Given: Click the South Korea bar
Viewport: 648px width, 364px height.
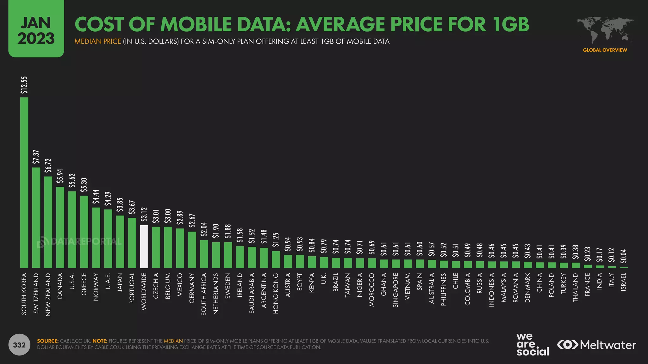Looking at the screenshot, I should (24, 183).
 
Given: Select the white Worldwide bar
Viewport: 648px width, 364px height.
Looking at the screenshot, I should (144, 246).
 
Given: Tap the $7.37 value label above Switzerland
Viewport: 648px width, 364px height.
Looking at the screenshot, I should (36, 157).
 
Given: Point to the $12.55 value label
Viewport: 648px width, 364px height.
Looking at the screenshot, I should (24, 85).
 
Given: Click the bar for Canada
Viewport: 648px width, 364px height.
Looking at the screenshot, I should (60, 227).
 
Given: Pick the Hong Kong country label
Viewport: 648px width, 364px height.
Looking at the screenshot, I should (276, 293).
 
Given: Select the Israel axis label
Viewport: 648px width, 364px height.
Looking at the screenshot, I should (623, 282).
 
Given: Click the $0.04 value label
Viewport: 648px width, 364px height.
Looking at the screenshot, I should (623, 256).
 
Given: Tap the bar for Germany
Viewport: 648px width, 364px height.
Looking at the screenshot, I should (192, 250).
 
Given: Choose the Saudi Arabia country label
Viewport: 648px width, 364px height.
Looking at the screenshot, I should (252, 293).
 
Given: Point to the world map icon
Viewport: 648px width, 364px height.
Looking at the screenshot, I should (605, 30).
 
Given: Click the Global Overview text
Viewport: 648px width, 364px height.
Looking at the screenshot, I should (605, 50).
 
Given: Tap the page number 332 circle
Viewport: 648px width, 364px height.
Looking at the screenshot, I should (19, 345).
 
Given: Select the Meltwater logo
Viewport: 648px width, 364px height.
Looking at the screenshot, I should (596, 345).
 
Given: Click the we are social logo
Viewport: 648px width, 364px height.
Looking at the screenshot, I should (532, 344).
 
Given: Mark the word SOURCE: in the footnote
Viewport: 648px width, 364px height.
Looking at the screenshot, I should (48, 341).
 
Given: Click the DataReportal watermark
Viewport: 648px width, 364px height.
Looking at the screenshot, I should (79, 242).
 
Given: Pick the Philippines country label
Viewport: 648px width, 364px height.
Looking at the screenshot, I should (444, 289).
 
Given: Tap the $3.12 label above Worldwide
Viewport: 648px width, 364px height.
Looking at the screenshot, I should (144, 214).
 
